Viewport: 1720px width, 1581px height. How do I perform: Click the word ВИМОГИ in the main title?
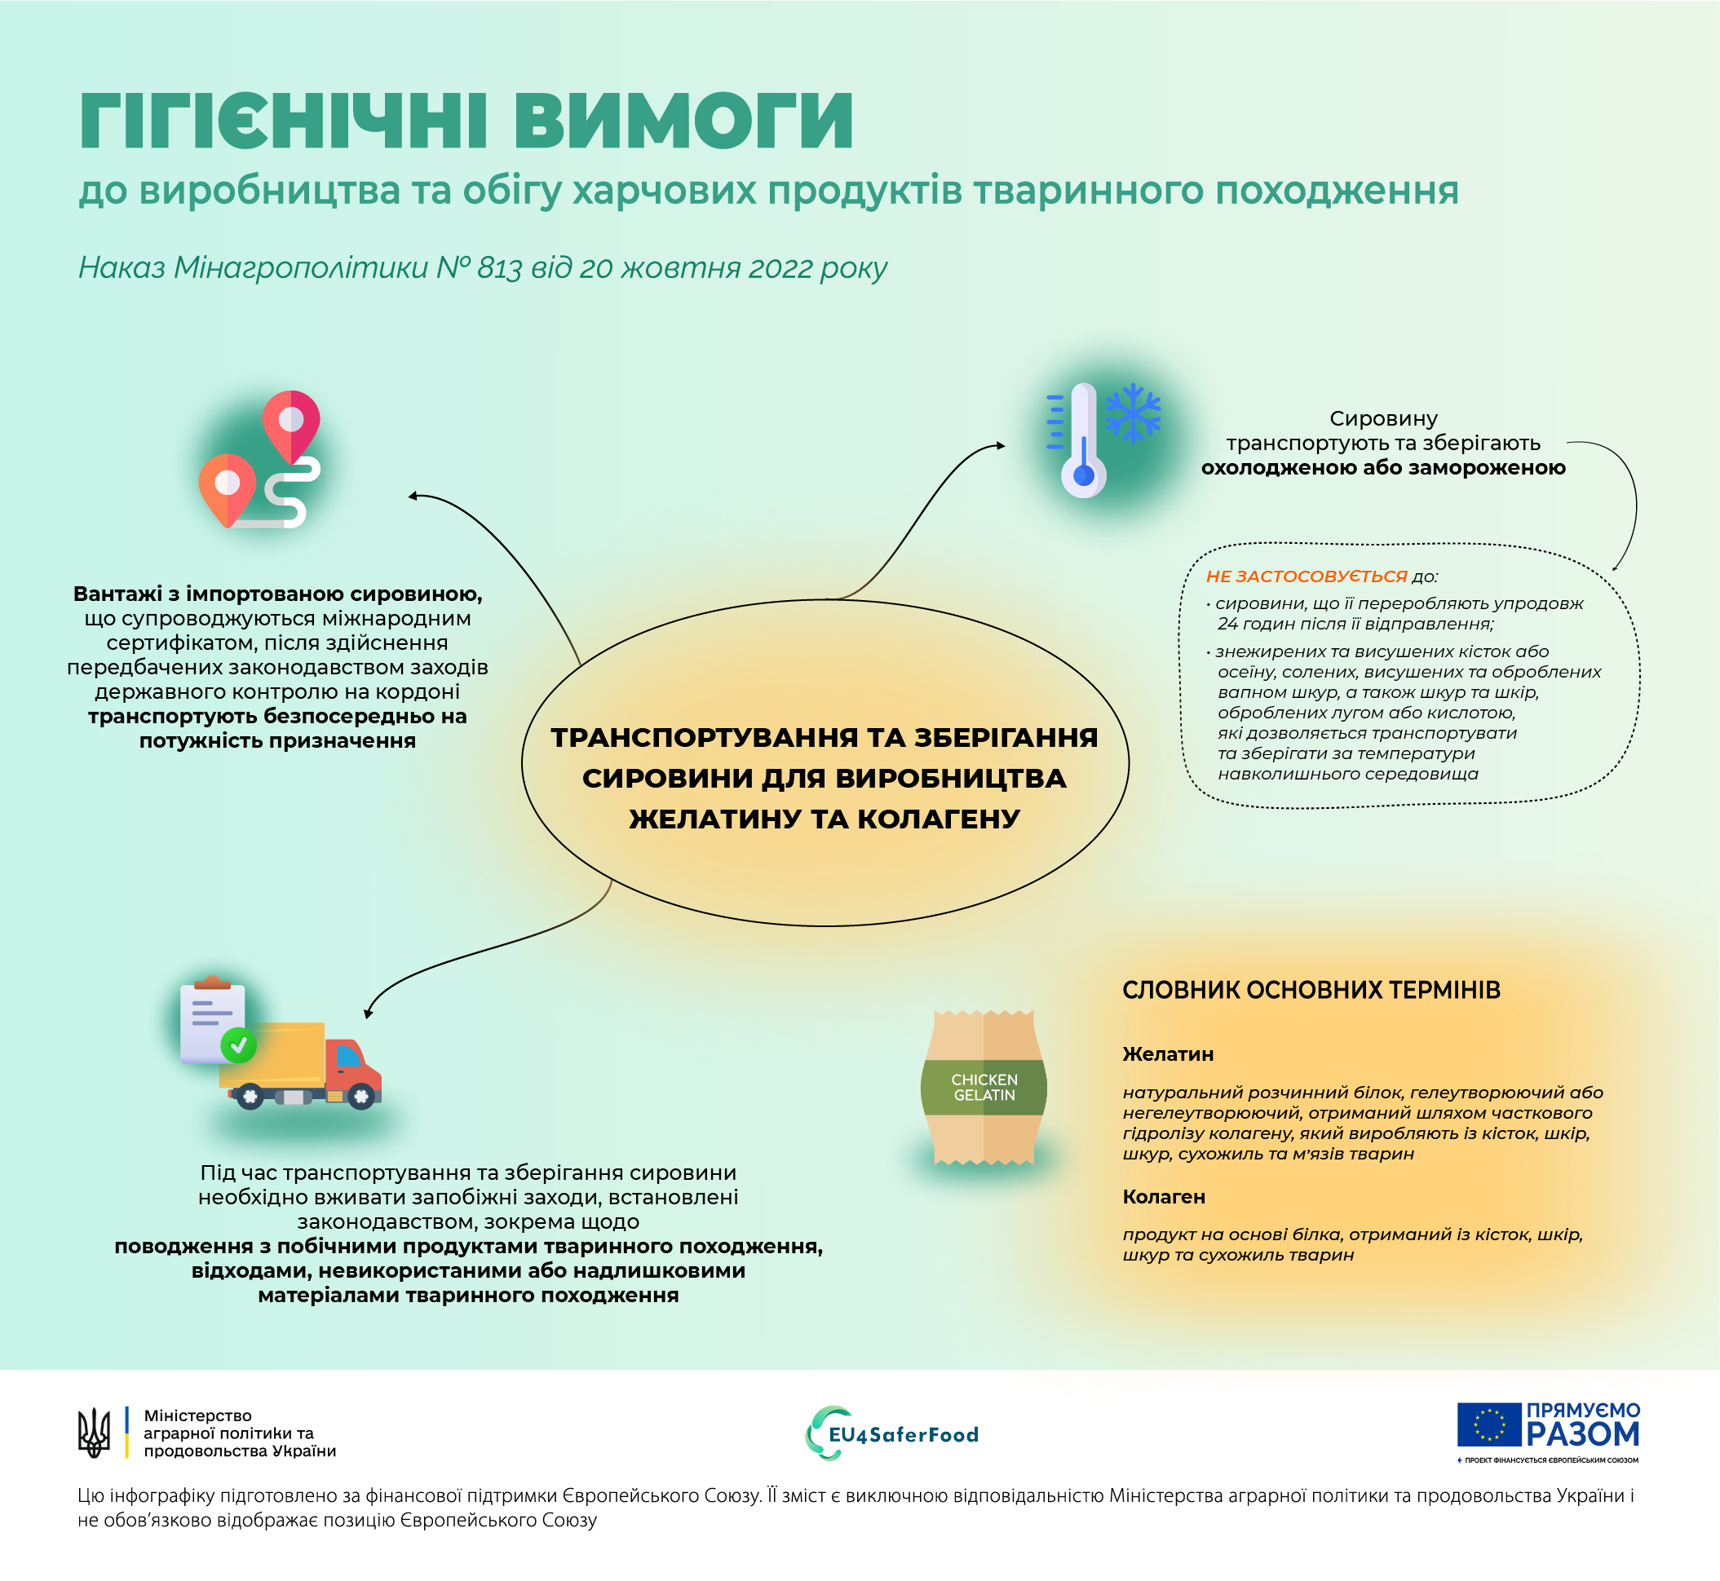pos(683,121)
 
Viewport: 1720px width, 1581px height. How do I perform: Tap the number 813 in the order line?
pos(500,268)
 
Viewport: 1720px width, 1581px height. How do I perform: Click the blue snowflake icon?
pos(1133,413)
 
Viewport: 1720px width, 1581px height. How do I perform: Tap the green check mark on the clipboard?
pos(239,1044)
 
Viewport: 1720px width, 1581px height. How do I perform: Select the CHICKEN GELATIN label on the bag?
pos(984,1088)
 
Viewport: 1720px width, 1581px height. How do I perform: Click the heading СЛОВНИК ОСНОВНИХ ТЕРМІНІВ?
pos(1311,990)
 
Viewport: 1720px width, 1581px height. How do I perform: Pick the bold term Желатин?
pos(1168,1054)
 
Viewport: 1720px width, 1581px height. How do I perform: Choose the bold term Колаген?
pos(1164,1197)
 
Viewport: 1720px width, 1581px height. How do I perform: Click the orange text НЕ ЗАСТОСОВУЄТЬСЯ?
pos(1307,576)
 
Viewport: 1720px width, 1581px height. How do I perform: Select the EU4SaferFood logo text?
pos(904,1435)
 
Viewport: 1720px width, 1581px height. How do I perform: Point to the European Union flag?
pos(1489,1425)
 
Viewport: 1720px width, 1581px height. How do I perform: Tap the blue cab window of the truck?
pos(348,1057)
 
